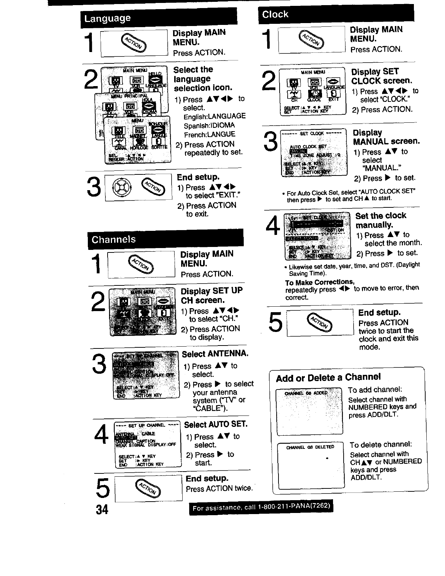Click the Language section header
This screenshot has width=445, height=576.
tap(107, 18)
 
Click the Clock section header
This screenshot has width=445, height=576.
tap(275, 15)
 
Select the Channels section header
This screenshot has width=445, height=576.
tap(113, 240)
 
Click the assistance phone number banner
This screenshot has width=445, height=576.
tap(261, 507)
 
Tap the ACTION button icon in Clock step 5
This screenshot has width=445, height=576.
tap(320, 322)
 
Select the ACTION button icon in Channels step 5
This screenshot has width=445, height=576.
tap(148, 488)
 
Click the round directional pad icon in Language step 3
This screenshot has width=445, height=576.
tap(119, 188)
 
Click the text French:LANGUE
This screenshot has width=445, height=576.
tap(209, 134)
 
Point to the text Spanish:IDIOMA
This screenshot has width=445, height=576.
tap(209, 125)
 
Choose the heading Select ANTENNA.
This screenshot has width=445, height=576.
tap(215, 354)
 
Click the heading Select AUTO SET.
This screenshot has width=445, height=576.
tap(216, 425)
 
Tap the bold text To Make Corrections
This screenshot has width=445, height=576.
tap(319, 282)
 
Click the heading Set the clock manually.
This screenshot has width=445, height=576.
tap(381, 220)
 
